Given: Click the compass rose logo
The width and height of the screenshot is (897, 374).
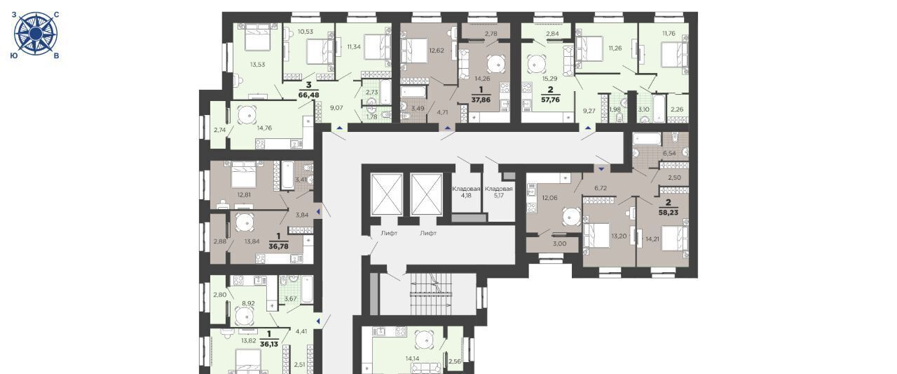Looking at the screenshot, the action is pos(36,34).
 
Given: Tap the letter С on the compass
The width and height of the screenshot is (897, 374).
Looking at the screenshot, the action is pos(57,15).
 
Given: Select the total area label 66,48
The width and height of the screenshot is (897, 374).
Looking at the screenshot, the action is pos(309,95).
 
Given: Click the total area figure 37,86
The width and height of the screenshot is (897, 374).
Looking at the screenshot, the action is pos(481,100).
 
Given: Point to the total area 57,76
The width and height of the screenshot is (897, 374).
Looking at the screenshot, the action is pos(550,100).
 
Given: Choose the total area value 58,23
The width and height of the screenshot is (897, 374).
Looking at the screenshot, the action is pos(669,213).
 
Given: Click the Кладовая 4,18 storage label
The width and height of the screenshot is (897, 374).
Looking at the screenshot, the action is pos(466,192).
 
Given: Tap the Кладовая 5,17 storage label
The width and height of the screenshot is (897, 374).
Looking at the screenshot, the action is pos(498,192).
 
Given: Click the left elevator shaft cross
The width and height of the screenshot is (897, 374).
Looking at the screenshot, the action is pos(386,194).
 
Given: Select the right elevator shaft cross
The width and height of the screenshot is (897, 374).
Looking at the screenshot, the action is pos(427,194).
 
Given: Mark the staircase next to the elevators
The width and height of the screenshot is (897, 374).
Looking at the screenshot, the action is pos(431,294).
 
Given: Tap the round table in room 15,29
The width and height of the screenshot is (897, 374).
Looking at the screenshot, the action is pos(535,64).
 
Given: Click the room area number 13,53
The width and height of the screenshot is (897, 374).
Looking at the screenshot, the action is pos(257,65).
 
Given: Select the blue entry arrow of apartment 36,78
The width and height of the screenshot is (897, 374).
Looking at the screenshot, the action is pos(318,211).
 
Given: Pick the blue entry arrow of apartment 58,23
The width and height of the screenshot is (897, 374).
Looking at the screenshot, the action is pos(601,169).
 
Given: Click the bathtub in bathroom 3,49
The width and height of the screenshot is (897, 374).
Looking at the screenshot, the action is pos(414,91).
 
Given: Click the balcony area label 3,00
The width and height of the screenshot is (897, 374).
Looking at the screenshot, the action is pos(559,243).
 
